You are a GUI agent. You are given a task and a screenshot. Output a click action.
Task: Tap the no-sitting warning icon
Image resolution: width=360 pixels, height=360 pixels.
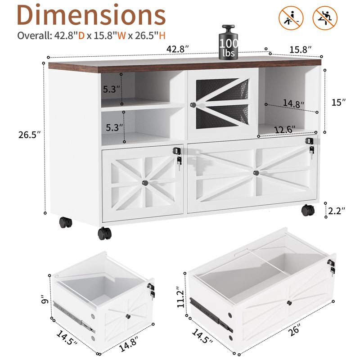291,18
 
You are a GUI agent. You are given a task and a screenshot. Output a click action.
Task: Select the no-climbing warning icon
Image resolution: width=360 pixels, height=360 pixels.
325,18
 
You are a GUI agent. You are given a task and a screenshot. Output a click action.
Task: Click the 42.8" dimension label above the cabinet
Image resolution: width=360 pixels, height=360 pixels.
177,49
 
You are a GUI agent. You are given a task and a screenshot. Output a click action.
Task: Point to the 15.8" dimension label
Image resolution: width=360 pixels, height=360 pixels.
300,49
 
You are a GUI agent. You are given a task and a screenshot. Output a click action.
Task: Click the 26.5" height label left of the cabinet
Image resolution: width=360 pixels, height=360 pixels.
29,135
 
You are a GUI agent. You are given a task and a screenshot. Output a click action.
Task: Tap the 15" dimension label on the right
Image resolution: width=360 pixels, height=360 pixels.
339,103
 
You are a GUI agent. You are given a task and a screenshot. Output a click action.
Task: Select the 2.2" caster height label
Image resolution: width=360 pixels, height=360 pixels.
337,211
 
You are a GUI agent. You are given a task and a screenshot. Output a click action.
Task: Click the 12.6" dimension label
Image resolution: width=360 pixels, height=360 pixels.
285,130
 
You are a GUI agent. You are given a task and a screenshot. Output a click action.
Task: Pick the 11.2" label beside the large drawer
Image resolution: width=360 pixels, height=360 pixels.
181,297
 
